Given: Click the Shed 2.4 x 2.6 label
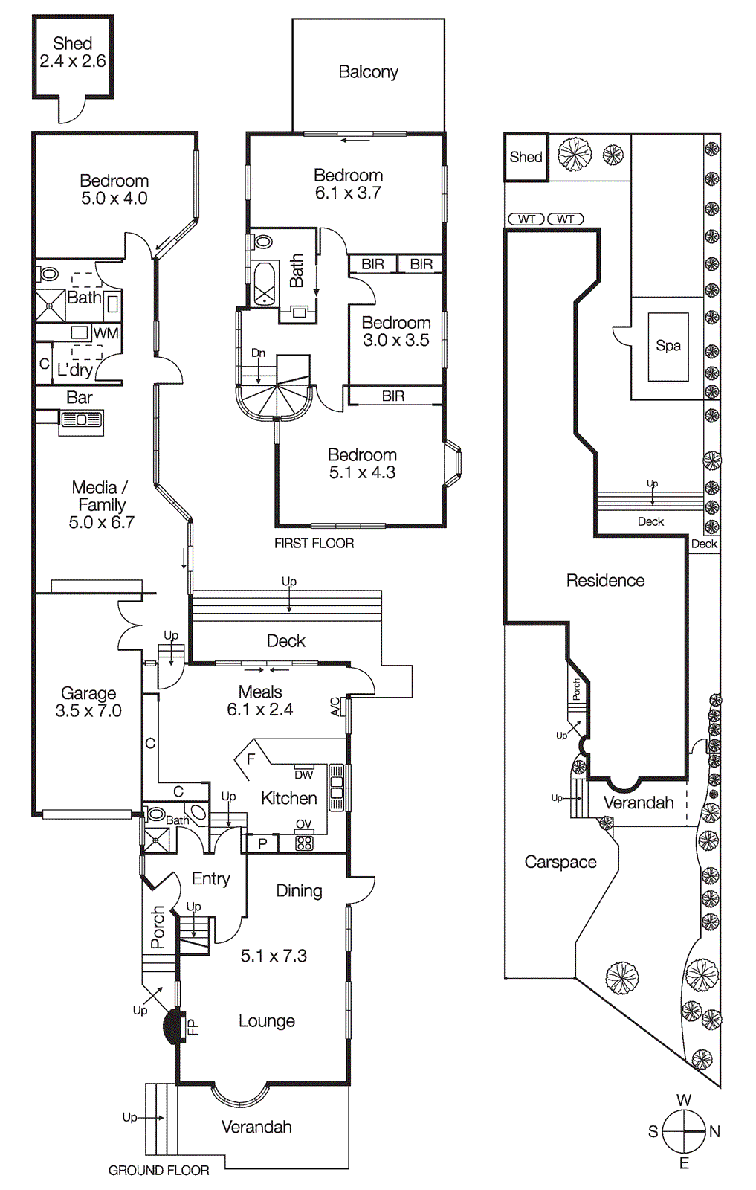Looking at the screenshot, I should pos(73,53).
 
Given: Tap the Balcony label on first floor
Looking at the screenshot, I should pos(368,72).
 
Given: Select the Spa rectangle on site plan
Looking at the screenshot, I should pos(668,346).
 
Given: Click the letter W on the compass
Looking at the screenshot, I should pos(684,1100).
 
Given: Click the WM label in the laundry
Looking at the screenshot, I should pos(106,333).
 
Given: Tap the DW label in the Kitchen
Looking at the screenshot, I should pos(303,774).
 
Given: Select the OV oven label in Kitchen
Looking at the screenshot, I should pos(303,824).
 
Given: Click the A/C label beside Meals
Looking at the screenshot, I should pos(335,706).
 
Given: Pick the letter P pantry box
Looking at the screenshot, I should pos(262,843).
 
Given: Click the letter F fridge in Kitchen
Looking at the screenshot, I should pos(251,759).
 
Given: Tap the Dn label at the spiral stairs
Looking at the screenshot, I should pos(258,353).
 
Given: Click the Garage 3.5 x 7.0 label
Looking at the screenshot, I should pos(88,702).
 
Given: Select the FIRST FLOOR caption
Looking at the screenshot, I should pos(314,544).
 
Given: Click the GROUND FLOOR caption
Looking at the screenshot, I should pos(158,1171).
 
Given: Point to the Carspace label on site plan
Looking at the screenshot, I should pos(560,862).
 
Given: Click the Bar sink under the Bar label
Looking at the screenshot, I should pos(82,420).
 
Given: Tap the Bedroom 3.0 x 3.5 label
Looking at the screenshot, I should pos(395,332).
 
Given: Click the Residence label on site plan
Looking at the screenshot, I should pos(605,581).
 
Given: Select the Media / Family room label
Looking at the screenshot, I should pos(101,505).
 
